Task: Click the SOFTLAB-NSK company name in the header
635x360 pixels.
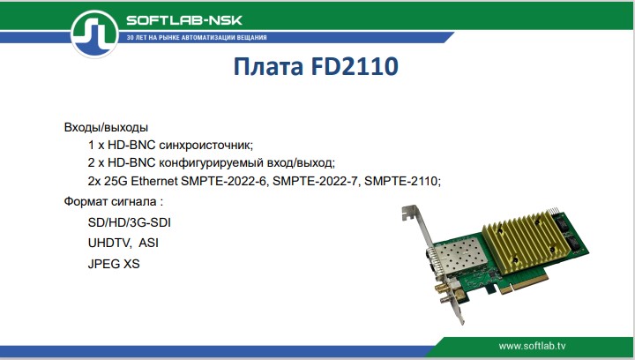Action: [x=184, y=20]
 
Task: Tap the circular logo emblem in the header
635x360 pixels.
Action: [x=94, y=34]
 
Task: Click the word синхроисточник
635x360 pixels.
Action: [x=208, y=144]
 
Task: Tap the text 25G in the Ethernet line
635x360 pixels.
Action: [x=116, y=181]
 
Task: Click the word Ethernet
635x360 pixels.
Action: [x=155, y=181]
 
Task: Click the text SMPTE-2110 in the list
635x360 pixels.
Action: [x=400, y=181]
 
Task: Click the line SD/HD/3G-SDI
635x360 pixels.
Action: [x=129, y=223]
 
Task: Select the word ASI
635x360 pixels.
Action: [x=149, y=243]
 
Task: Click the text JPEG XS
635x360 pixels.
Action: [x=114, y=263]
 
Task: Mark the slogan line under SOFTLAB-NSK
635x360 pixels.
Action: [x=197, y=39]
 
